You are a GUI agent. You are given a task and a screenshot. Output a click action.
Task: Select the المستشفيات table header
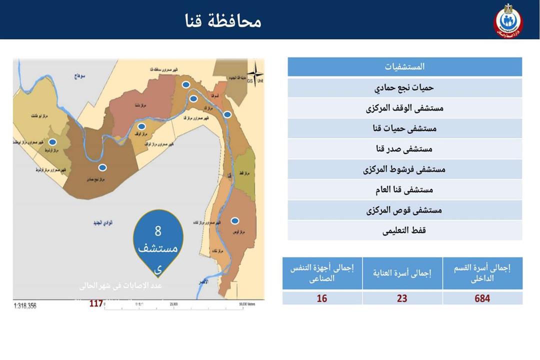[x=405, y=66]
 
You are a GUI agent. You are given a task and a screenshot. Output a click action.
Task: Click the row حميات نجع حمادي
[x=405, y=87]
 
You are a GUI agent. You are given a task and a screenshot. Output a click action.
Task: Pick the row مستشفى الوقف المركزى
[x=405, y=108]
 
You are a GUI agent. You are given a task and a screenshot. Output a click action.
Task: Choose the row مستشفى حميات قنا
[x=405, y=128]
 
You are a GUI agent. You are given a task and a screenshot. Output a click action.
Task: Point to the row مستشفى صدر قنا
[x=405, y=149]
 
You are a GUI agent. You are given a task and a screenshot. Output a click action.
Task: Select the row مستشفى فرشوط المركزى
[x=405, y=169]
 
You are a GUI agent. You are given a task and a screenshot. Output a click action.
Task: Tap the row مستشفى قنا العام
[x=405, y=190]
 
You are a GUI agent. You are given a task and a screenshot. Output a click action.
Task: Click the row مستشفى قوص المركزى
[x=405, y=210]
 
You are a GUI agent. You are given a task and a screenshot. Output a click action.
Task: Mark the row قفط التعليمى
[x=405, y=231]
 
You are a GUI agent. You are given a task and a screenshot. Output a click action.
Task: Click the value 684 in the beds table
[x=482, y=298]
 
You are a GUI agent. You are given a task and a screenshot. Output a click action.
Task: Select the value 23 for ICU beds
[x=402, y=298]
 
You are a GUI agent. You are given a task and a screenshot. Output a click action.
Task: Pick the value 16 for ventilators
[x=322, y=298]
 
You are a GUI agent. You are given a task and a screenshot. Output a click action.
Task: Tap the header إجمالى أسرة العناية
[x=402, y=273]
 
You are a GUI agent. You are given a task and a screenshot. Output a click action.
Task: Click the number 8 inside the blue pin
[x=158, y=231]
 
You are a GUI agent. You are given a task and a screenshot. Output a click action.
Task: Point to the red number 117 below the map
[x=96, y=303]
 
